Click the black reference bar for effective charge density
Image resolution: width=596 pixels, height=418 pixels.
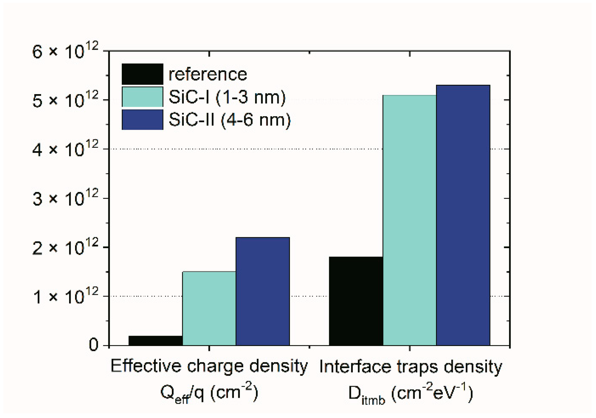point(155,340)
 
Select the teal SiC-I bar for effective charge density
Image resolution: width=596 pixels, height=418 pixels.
point(209,308)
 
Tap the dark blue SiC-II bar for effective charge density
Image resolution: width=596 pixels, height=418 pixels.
point(263,291)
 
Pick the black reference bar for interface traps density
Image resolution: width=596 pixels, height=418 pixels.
point(356,301)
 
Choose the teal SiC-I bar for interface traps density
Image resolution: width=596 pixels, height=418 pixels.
point(409,220)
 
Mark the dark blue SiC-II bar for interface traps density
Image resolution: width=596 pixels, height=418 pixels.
point(463,215)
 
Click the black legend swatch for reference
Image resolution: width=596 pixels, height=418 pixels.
point(142,74)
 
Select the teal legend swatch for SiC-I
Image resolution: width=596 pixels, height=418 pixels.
point(142,97)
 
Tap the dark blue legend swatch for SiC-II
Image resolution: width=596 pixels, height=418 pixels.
point(142,120)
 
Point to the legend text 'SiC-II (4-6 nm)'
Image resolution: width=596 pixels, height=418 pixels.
point(229,120)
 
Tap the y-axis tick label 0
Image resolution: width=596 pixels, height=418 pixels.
point(93,345)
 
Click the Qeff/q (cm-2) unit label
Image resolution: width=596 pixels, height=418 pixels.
point(209,393)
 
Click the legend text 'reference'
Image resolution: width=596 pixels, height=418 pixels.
point(208,74)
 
